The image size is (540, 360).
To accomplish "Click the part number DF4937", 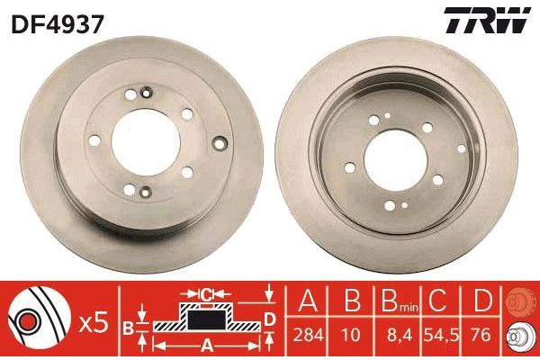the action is pos(58,24).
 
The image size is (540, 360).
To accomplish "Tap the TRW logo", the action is pos(487,20).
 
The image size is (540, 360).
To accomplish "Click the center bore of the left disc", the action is pos(146,142).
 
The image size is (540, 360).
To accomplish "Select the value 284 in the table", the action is pos(308,335).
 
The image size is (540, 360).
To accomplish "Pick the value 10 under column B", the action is pos(351,335).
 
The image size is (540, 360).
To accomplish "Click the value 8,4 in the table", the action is pos(400,335).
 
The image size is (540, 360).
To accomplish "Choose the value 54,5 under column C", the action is pos(442,335).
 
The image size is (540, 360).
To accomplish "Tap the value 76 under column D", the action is pos(481,335).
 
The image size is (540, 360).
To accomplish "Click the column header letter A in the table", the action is pos(308,301).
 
